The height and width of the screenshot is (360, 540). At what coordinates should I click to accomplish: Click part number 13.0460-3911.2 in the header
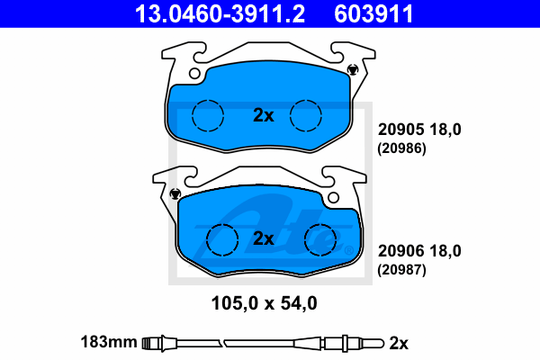pos(220,13)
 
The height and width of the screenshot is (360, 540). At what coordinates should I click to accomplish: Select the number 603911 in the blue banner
pos(373,13)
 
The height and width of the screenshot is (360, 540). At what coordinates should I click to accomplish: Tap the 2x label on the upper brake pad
pos(264,115)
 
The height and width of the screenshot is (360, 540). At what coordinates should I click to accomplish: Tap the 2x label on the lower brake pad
pos(264,238)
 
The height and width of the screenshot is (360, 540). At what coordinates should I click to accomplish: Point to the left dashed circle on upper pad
pos(208,116)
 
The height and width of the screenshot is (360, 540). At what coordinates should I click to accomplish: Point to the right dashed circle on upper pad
pos(306,116)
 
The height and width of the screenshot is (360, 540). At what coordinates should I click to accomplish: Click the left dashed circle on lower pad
pos(222,239)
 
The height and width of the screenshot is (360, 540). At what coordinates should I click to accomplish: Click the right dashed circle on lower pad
pos(320,239)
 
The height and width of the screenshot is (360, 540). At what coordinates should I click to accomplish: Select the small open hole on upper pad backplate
pos(194,74)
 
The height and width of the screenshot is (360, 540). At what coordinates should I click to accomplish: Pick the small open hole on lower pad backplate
pos(333,198)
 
